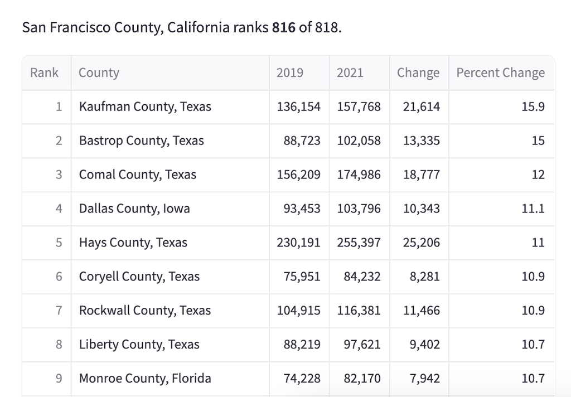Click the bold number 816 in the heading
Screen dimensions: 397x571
pos(284,27)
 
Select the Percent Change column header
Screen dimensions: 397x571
pos(500,72)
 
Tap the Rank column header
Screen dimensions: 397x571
pos(44,72)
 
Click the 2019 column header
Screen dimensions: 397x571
pos(290,72)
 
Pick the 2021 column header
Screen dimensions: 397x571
pos(350,72)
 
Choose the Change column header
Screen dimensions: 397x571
pos(418,72)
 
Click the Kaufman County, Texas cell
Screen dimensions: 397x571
pos(145,106)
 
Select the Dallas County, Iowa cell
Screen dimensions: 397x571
pos(134,209)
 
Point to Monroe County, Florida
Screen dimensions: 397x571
pos(145,379)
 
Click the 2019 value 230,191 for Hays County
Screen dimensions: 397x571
pos(299,243)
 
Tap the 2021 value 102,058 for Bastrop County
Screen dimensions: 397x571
pos(359,141)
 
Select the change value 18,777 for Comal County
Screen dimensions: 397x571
pos(422,175)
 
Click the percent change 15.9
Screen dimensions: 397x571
pos(533,106)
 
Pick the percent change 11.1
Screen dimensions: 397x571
pos(533,209)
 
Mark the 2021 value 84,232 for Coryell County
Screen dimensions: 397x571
pos(362,277)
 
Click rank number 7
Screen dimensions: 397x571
pos(59,311)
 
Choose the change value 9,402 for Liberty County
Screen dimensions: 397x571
pos(425,345)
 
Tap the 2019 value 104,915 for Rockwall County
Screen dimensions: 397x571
pos(299,311)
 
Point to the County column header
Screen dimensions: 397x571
pos(99,72)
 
